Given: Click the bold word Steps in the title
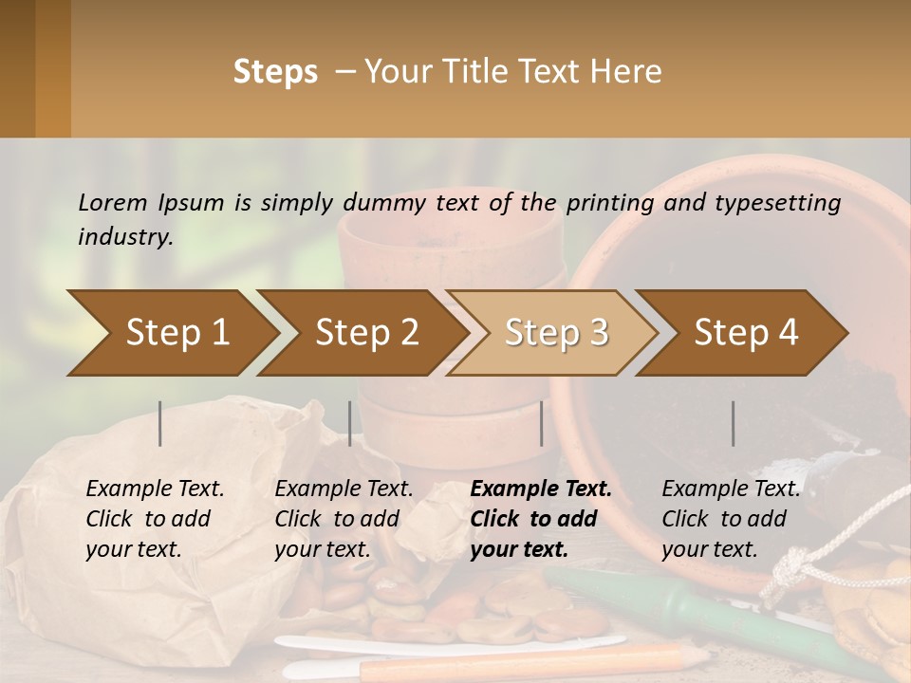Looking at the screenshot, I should (x=275, y=72).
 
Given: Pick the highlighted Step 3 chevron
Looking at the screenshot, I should (x=556, y=332).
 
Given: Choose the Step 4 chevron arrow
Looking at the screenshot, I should (x=746, y=332).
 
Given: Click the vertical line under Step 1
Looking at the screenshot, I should (x=160, y=423).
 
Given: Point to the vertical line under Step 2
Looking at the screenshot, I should (x=350, y=423).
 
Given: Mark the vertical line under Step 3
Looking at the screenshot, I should (x=541, y=423).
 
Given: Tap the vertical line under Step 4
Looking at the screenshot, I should (x=734, y=423).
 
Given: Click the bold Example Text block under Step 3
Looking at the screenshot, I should (x=541, y=519).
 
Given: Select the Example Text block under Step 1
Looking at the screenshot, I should (x=155, y=519).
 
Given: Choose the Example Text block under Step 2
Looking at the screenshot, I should (x=344, y=519).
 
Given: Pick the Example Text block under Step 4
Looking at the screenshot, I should (x=731, y=519).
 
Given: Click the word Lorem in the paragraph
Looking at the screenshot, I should (x=113, y=203).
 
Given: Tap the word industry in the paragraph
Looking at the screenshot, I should (x=124, y=237).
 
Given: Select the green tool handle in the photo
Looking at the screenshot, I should (x=664, y=597).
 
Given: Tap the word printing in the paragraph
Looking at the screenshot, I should (x=612, y=203).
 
